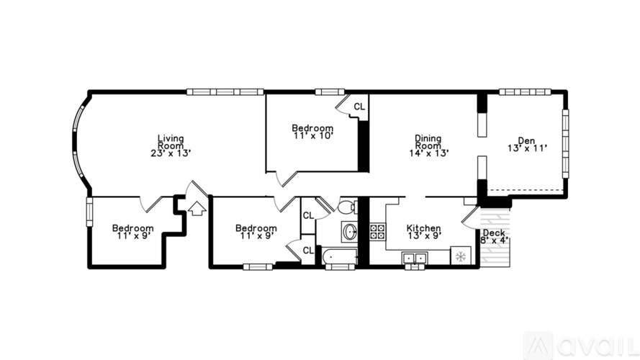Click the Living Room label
tap(171, 142)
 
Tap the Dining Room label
tap(428, 142)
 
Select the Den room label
tap(526, 141)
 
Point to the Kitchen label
tap(424, 228)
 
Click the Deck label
tap(494, 233)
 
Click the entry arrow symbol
tap(197, 209)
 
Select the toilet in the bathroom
tap(348, 206)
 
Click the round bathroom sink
tap(350, 233)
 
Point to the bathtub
tap(340, 257)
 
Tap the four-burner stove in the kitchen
tap(377, 231)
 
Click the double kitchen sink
tap(414, 258)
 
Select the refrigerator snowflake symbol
tap(461, 257)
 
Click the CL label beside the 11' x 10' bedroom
tap(359, 107)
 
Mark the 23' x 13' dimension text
tap(171, 153)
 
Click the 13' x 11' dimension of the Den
tap(528, 148)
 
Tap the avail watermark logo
tap(582, 346)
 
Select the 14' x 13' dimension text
tap(429, 153)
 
